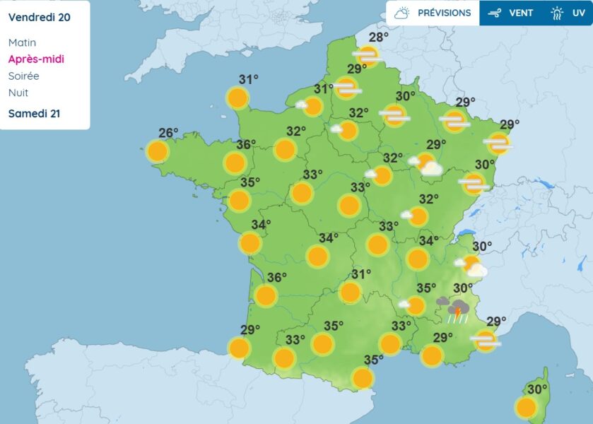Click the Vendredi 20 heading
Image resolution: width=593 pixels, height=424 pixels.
tap(39, 17)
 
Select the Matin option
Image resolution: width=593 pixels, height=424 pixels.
tap(22, 42)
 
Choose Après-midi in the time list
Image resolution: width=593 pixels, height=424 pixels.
tap(36, 59)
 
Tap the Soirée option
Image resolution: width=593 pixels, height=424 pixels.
tap(23, 76)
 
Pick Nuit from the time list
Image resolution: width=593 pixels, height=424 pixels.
tap(18, 93)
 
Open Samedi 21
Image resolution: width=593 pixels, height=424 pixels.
tap(33, 113)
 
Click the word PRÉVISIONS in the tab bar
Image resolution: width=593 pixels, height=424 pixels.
tap(444, 13)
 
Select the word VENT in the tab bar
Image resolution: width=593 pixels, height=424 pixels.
tap(521, 13)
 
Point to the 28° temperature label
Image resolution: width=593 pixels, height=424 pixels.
tap(379, 37)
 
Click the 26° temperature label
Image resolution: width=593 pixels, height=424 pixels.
tap(168, 132)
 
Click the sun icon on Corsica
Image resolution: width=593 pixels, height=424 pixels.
tap(525, 407)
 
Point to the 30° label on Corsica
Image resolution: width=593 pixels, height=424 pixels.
tap(537, 389)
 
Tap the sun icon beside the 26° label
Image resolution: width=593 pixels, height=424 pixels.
tap(157, 151)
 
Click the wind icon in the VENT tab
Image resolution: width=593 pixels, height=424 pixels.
tap(495, 13)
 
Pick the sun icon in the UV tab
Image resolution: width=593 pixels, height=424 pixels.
tap(558, 13)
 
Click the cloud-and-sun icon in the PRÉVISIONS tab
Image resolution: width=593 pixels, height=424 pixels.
tap(402, 13)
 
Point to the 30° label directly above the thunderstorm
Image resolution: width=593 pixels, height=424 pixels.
tap(463, 288)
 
